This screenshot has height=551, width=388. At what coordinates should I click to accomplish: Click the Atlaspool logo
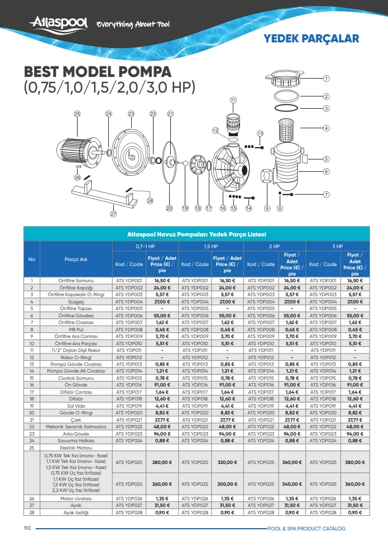click(59, 23)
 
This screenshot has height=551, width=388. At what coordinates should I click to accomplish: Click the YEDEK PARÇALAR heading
click(312, 38)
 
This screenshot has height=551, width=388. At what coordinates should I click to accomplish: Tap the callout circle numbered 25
click(77, 114)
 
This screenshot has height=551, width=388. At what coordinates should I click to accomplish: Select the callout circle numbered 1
click(326, 79)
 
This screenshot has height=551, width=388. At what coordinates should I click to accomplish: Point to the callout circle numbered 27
click(113, 214)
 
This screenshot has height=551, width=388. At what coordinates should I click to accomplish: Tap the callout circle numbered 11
click(233, 100)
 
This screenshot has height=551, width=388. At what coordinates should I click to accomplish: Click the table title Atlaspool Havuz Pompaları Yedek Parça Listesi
click(197, 234)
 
